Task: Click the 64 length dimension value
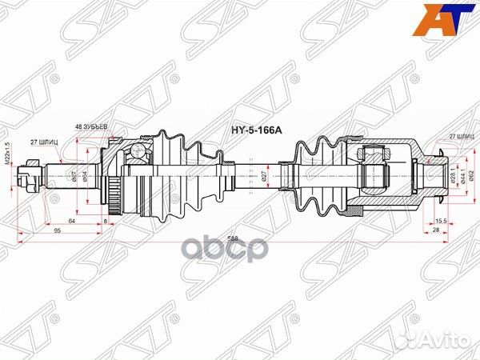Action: (72, 219)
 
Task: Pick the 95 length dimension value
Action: (57, 230)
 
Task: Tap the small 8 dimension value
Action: (105, 219)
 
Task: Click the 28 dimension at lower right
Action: (435, 230)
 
